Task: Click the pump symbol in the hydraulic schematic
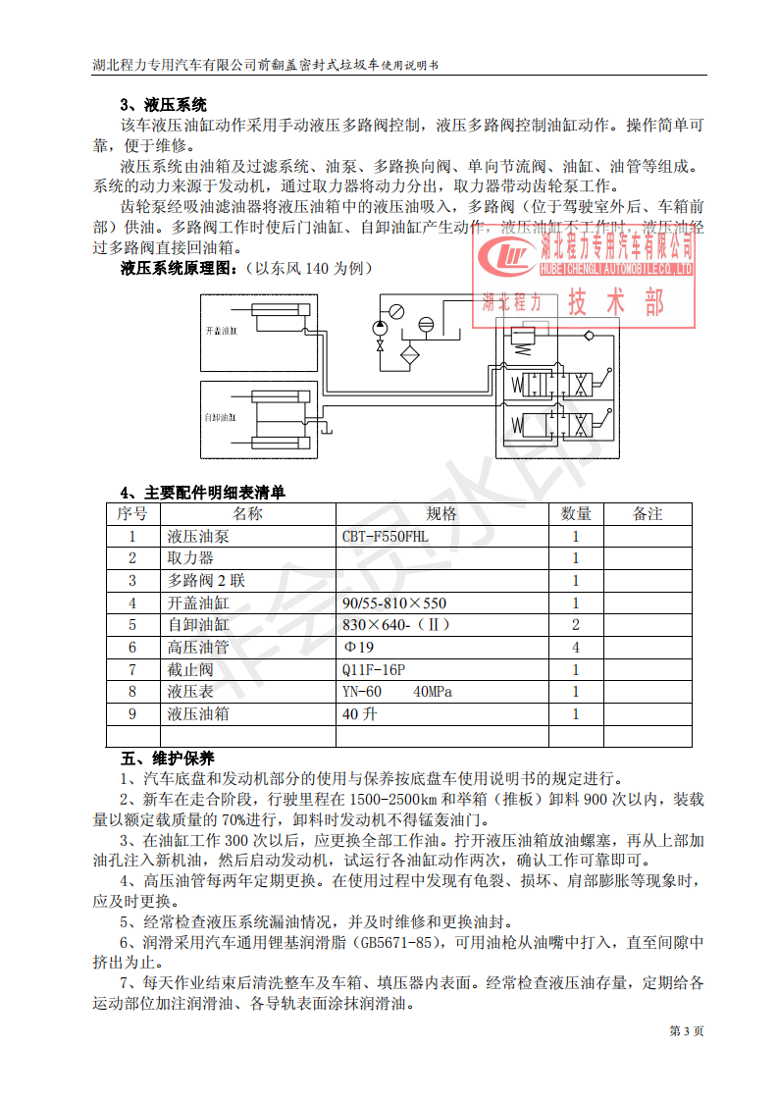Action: coord(380,327)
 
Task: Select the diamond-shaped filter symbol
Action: coord(409,353)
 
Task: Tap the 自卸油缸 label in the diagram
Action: coord(221,418)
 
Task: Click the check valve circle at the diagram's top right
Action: coord(588,336)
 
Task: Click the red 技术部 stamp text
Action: coord(616,301)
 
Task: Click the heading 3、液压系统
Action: coord(163,105)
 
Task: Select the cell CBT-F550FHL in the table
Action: coord(386,537)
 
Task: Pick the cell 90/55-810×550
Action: coord(394,603)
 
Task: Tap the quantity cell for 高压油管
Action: coord(576,648)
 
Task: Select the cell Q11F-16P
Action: coord(374,670)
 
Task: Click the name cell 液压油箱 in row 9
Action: coord(198,714)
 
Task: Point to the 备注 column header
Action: coord(648,513)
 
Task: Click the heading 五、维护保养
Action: coord(161,759)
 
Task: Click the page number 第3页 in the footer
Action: coord(686,1030)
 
